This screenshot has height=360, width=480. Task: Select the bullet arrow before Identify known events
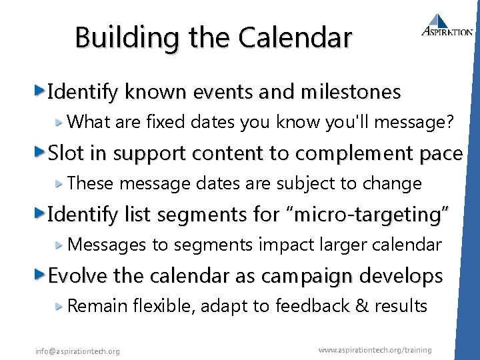click(41, 91)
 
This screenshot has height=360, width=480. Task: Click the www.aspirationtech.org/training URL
click(375, 350)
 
